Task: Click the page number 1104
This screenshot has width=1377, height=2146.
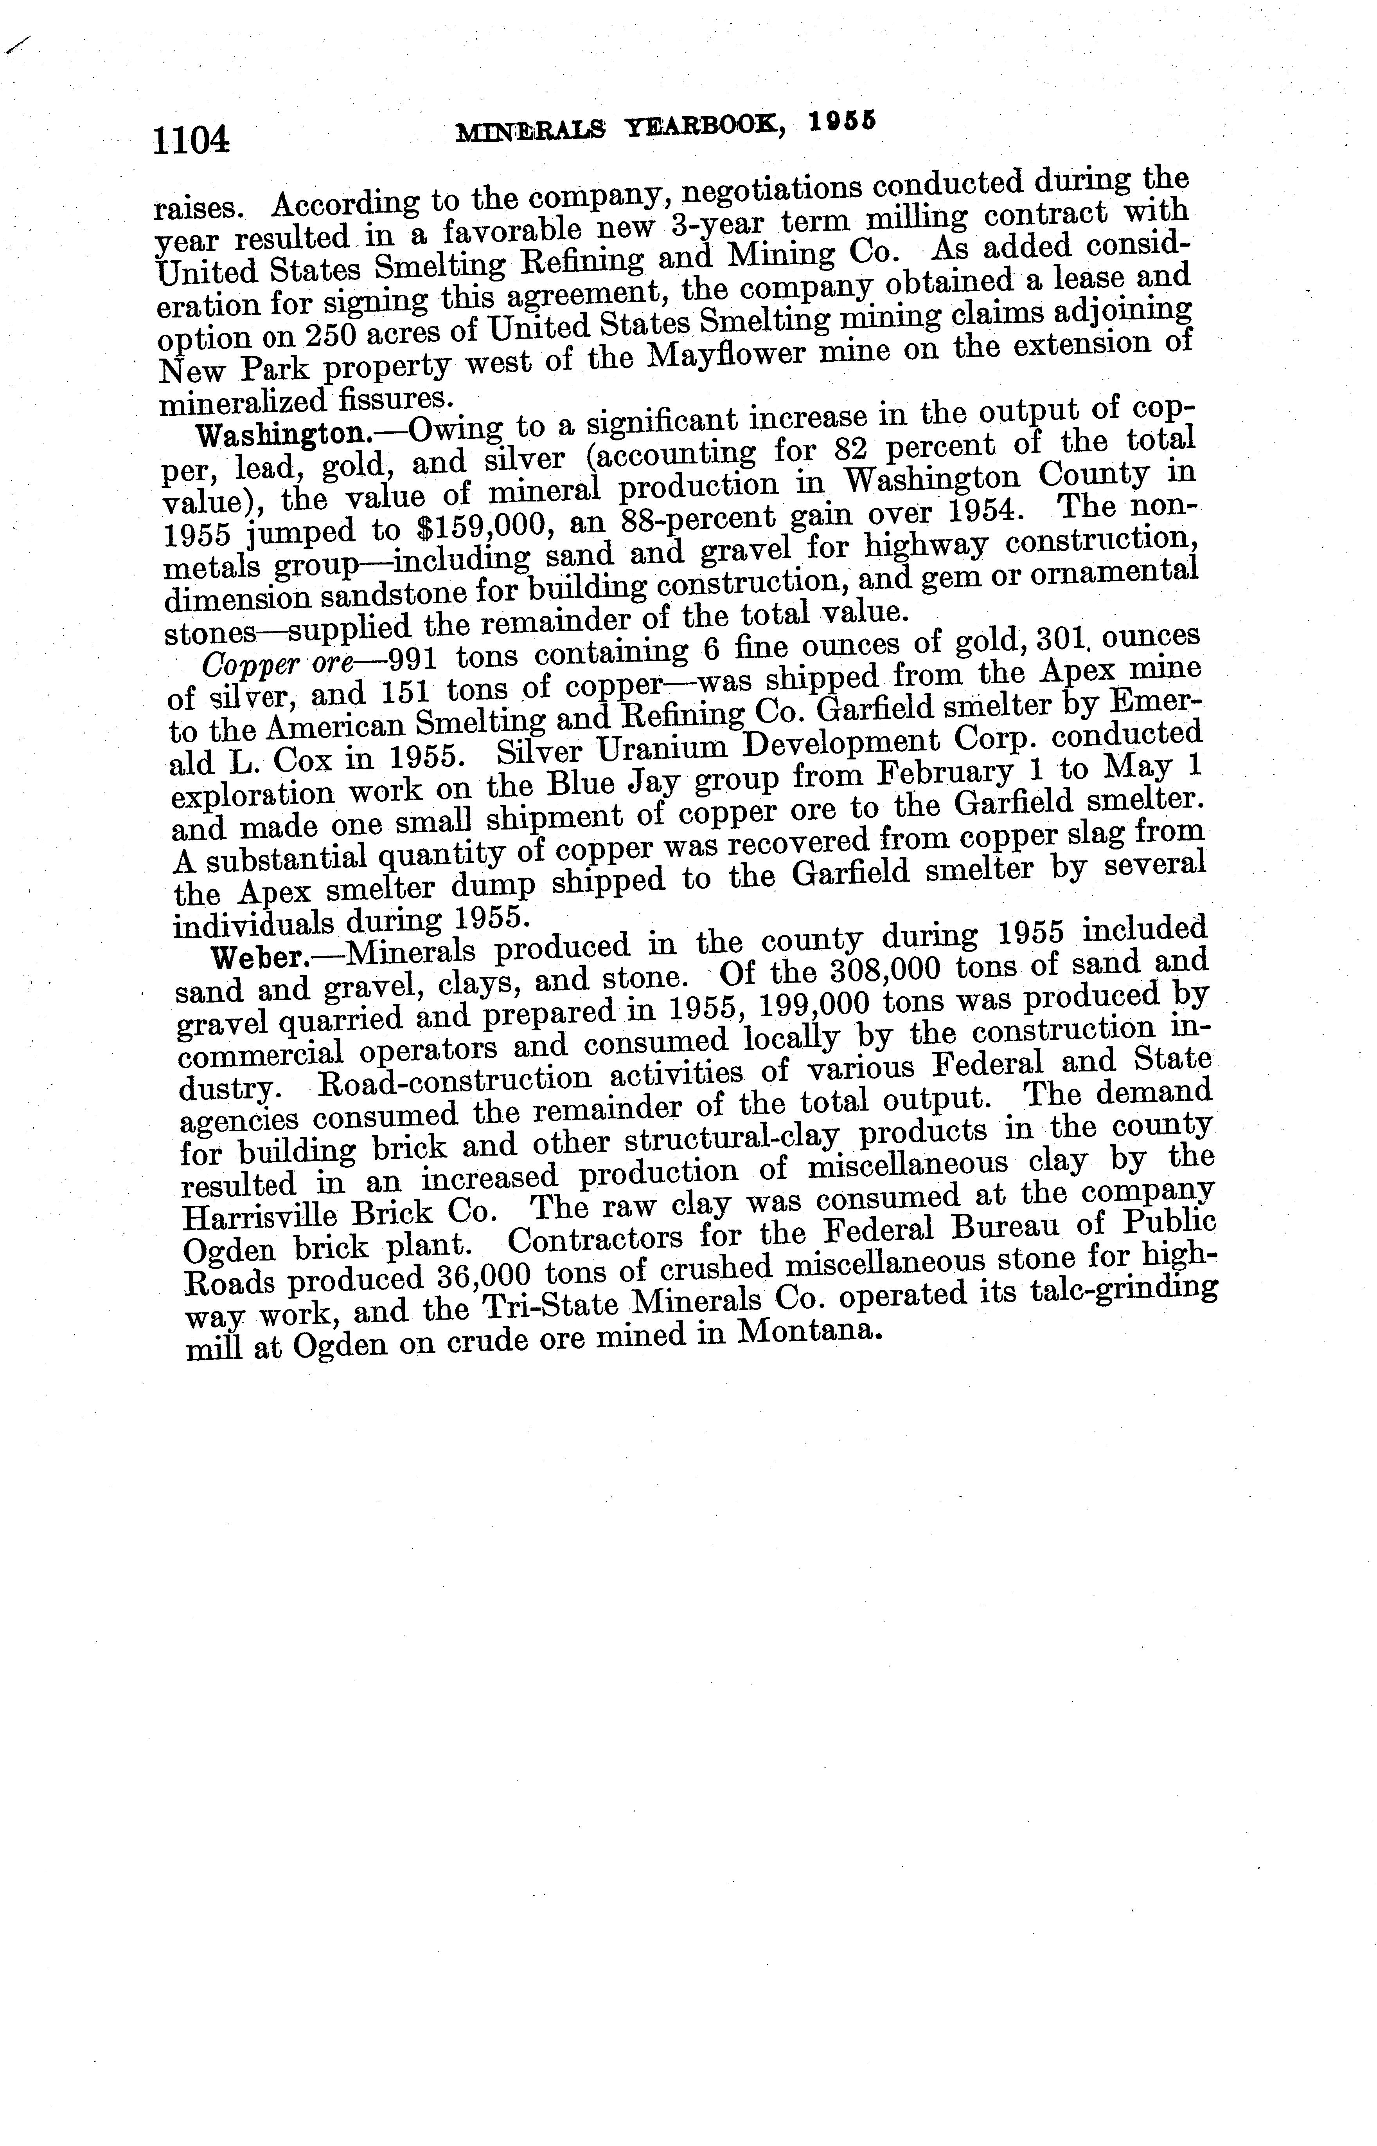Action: pyautogui.click(x=191, y=141)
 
